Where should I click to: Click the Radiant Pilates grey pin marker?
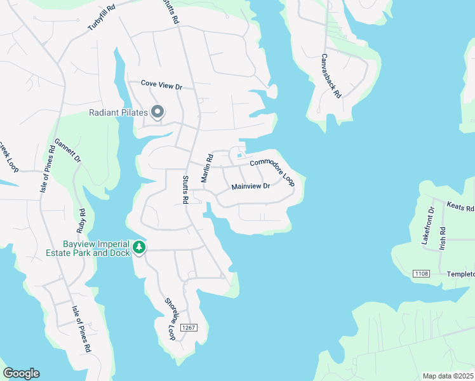(158, 112)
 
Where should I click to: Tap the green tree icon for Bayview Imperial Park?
(139, 248)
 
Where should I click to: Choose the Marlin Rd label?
(206, 168)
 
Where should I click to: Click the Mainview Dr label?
(251, 187)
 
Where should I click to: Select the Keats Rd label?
(460, 208)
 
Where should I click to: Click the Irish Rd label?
(443, 239)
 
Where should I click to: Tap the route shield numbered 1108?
(420, 274)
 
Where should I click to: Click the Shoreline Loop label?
(170, 319)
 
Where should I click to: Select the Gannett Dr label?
(67, 151)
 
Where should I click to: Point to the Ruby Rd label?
(81, 220)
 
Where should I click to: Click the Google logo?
(21, 373)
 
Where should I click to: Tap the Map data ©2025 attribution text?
(447, 376)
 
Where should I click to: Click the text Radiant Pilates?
(118, 113)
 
